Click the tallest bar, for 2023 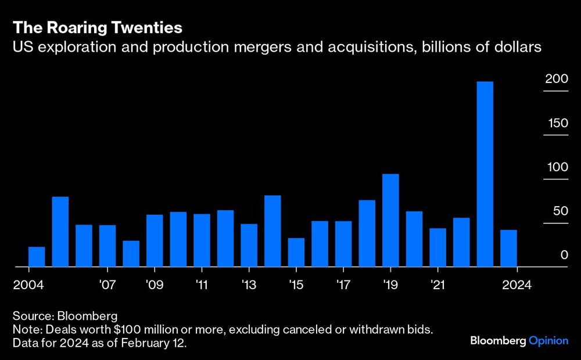pos(485,174)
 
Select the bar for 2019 pos(390,221)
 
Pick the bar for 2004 pos(37,257)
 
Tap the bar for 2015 pos(296,253)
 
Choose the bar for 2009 pos(155,241)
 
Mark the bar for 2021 pos(437,247)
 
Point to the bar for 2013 pos(249,245)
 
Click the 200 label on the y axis pos(556,79)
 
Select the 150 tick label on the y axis pos(556,123)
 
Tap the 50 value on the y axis pos(559,211)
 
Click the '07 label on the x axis pos(107,285)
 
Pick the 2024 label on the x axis pos(517,285)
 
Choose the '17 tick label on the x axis pos(343,285)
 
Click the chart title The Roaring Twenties pos(98,27)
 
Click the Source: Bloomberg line pos(65,316)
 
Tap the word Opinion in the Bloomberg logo pos(548,341)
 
